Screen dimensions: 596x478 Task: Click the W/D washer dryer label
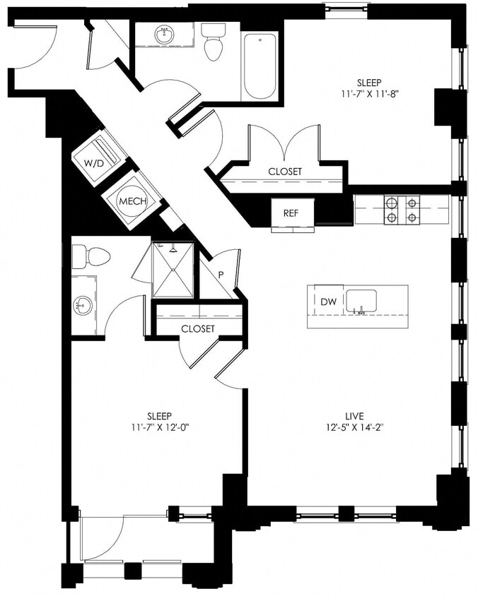click(x=93, y=163)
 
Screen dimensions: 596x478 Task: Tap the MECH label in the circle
click(x=132, y=201)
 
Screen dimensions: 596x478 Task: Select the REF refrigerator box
click(x=291, y=212)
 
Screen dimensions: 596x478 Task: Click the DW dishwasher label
click(x=328, y=302)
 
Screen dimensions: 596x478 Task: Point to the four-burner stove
click(x=401, y=210)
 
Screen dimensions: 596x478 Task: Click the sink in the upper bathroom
click(x=165, y=34)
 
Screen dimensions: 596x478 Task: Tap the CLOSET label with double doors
click(x=285, y=172)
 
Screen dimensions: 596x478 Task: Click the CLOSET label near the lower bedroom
click(x=198, y=329)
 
